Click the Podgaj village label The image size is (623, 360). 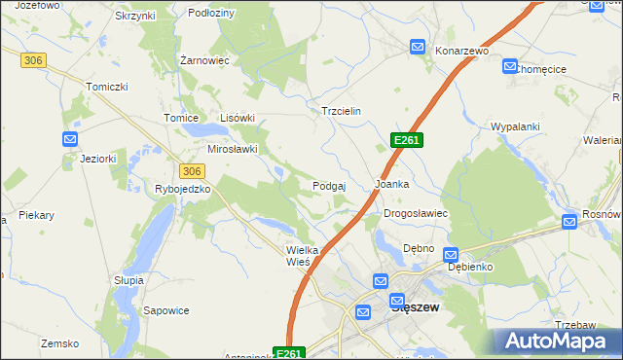[330, 185]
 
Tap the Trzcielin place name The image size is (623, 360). [341, 111]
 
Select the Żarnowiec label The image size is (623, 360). [204, 59]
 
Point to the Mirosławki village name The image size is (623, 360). [232, 149]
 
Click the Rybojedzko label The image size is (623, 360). [183, 189]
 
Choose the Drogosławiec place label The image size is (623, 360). [415, 213]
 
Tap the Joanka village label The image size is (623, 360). [391, 184]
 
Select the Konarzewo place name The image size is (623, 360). [460, 51]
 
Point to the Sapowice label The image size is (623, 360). [165, 311]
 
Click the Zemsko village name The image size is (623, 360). [58, 343]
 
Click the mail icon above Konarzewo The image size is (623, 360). [418, 46]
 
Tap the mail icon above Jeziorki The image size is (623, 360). [70, 139]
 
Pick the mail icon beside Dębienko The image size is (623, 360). [451, 255]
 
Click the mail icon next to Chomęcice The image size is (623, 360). [510, 66]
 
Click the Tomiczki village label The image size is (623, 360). [107, 87]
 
